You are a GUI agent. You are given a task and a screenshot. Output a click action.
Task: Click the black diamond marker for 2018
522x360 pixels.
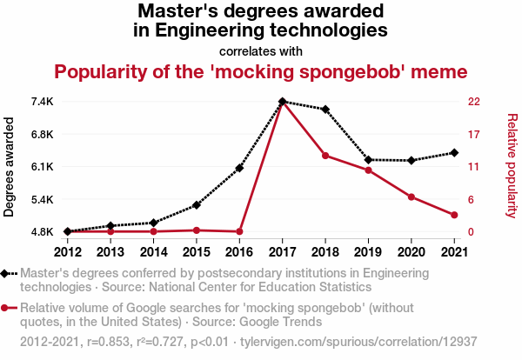coord(325,110)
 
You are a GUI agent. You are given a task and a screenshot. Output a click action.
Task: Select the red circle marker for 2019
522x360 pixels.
coord(368,170)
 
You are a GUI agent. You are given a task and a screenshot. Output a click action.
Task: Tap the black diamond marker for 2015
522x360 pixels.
coord(197,205)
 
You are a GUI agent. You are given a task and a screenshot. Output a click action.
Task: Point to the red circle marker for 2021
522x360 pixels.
coord(454,215)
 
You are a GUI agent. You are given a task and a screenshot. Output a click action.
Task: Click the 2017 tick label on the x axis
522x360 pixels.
coord(282,252)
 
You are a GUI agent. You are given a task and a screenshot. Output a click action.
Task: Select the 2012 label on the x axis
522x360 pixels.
coord(67,252)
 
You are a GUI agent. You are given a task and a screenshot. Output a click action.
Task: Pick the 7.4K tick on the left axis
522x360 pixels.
coord(41,102)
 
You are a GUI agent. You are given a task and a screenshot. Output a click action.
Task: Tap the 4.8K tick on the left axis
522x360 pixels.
coord(41,232)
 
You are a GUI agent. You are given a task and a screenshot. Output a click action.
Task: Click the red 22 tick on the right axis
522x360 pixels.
coord(474,102)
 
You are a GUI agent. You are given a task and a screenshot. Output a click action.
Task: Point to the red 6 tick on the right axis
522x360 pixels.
coord(472,199)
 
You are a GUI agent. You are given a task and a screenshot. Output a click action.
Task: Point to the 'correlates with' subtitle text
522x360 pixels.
coord(261,50)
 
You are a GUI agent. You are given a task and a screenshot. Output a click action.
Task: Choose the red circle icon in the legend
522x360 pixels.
coord(10,308)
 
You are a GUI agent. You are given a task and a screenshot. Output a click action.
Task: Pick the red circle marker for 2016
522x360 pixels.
coord(239,231)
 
